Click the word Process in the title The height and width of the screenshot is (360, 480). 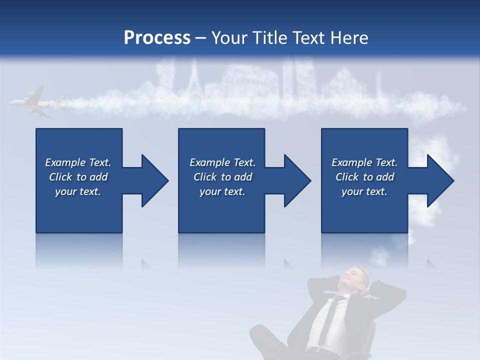click(x=157, y=37)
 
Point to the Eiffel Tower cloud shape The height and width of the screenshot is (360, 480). click(x=194, y=80)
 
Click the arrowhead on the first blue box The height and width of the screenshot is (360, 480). click(x=152, y=180)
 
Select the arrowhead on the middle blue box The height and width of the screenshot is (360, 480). click(x=295, y=180)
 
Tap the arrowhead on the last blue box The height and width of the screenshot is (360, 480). click(x=438, y=180)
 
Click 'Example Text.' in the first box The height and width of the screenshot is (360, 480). click(x=78, y=162)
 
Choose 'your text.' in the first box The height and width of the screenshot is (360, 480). click(x=78, y=191)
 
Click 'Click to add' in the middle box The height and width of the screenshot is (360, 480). click(x=222, y=177)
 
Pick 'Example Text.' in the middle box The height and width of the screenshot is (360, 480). click(x=222, y=162)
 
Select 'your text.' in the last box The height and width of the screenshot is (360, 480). click(x=364, y=191)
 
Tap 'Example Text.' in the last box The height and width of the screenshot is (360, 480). click(x=364, y=162)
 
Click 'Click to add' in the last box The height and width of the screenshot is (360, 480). click(x=364, y=177)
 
